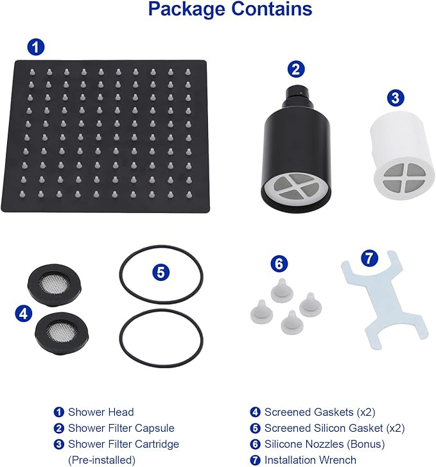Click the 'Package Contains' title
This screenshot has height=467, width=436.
coord(230,10)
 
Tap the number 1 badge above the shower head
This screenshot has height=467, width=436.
coord(37,47)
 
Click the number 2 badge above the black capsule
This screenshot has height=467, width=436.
coord(296,69)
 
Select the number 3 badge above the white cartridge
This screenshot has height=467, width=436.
coord(396,99)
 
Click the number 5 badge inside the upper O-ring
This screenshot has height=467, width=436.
coord(161,271)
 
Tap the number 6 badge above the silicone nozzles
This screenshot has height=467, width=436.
coord(279,263)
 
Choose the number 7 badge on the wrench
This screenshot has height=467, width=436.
coord(368,259)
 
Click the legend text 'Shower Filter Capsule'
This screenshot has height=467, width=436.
coord(121,428)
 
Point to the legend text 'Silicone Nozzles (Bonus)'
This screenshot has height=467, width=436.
coord(324,444)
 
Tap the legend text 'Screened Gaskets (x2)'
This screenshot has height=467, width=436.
coord(317,412)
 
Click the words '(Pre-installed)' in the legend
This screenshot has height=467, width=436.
coord(101,460)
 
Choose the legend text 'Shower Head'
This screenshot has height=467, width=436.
coord(101,412)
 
